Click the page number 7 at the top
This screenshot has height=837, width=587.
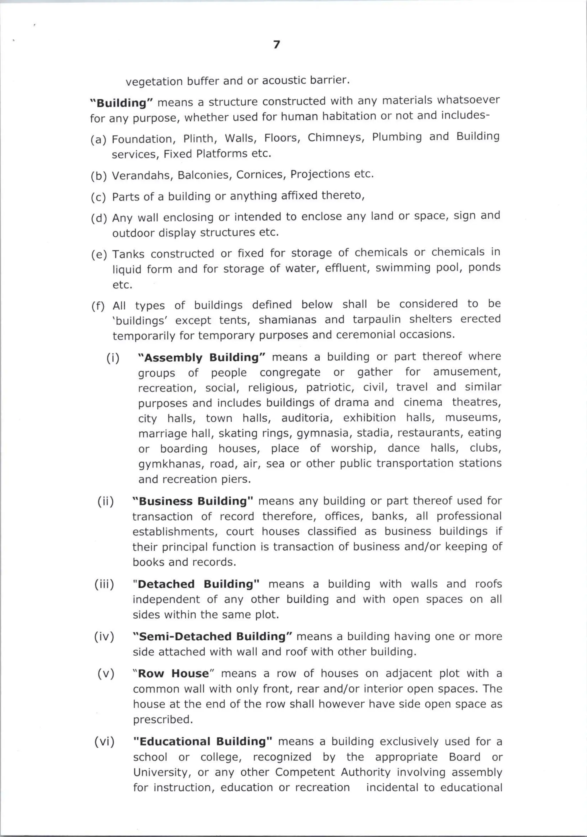click(277, 44)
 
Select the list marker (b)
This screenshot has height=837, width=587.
click(98, 176)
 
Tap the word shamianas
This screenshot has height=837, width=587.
click(288, 320)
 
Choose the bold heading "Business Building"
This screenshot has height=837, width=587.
click(193, 501)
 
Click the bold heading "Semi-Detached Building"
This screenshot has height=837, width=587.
click(213, 636)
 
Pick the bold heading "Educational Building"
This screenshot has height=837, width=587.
click(203, 741)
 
